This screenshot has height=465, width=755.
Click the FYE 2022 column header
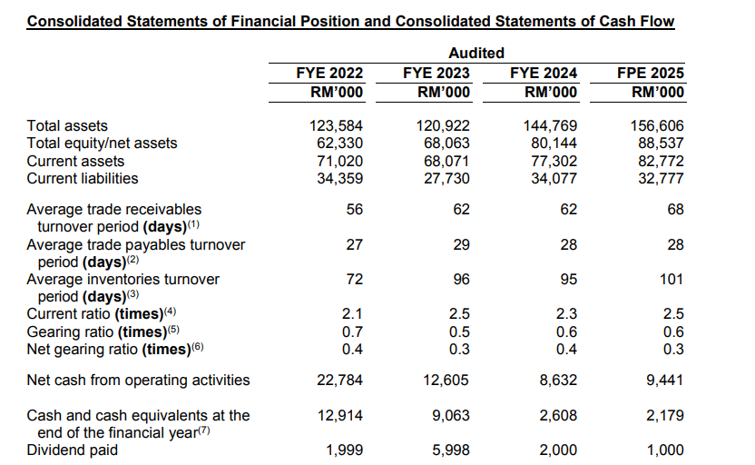330,74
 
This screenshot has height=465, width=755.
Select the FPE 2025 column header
650,74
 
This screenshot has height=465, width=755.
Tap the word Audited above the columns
476,53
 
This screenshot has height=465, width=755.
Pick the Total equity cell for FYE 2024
554,143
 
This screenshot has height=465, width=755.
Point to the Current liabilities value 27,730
447,178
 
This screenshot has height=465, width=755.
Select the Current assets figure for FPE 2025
659,161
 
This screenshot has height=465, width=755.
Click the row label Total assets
68,126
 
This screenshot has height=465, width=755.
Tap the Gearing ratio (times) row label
103,331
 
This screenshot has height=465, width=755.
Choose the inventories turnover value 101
671,280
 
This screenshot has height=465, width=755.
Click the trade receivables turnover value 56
354,210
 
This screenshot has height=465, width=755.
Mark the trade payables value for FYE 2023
461,245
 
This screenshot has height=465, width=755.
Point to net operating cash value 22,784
339,381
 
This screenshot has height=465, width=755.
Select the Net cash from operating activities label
139,381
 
